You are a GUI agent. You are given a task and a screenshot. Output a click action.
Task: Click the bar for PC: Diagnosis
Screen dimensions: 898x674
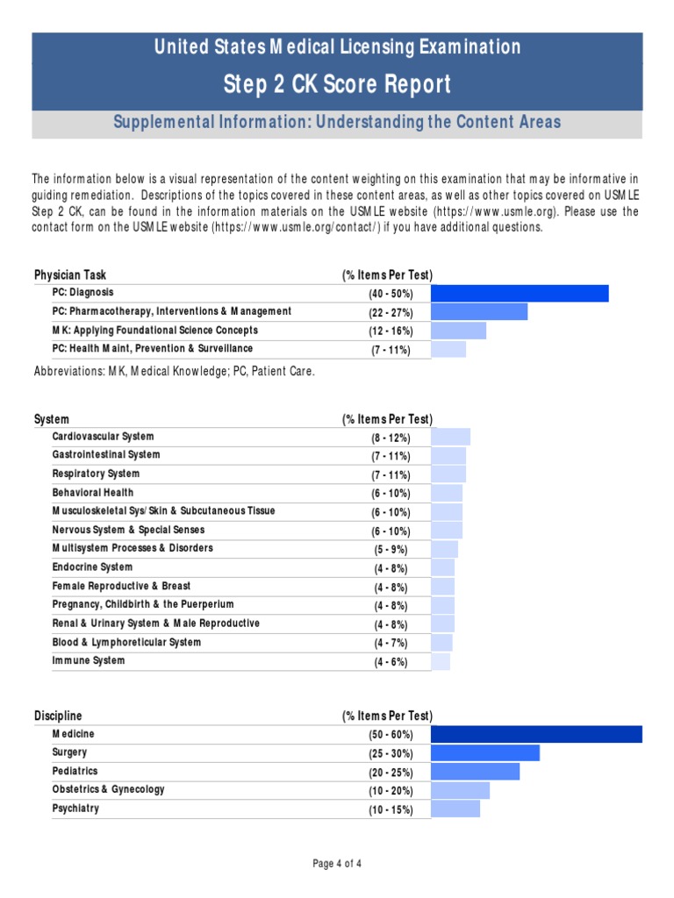tap(520, 293)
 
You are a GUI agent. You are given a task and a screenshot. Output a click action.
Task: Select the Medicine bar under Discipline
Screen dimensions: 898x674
tap(537, 734)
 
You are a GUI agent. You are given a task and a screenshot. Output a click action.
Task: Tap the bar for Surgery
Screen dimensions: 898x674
tap(485, 753)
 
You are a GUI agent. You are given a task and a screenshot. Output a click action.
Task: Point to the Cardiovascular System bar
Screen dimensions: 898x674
tap(451, 437)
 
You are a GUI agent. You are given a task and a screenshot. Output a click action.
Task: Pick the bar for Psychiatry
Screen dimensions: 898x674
tap(455, 809)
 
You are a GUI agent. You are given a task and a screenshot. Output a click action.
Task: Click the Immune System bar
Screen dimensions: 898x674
tap(441, 661)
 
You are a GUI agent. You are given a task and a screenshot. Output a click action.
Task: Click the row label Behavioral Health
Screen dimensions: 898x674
tap(93, 493)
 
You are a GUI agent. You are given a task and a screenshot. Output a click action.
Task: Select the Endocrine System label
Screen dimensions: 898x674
tap(92, 567)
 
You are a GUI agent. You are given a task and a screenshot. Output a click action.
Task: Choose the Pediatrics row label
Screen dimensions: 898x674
tap(75, 772)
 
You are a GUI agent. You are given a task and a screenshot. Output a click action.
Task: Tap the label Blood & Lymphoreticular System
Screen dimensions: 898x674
tap(126, 643)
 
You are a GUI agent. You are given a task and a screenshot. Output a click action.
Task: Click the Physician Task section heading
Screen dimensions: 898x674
tap(70, 275)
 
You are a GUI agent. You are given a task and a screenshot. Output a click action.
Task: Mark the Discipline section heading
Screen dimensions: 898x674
tap(58, 716)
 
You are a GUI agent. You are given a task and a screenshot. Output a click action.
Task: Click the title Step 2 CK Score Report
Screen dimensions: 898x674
tap(337, 85)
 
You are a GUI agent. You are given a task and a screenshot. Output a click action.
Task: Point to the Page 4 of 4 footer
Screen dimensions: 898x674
tap(337, 864)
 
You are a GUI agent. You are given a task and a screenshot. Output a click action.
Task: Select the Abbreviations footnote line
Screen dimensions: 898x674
tap(174, 371)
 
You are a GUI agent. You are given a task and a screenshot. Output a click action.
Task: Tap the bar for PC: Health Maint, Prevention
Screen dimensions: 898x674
tap(448, 350)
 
